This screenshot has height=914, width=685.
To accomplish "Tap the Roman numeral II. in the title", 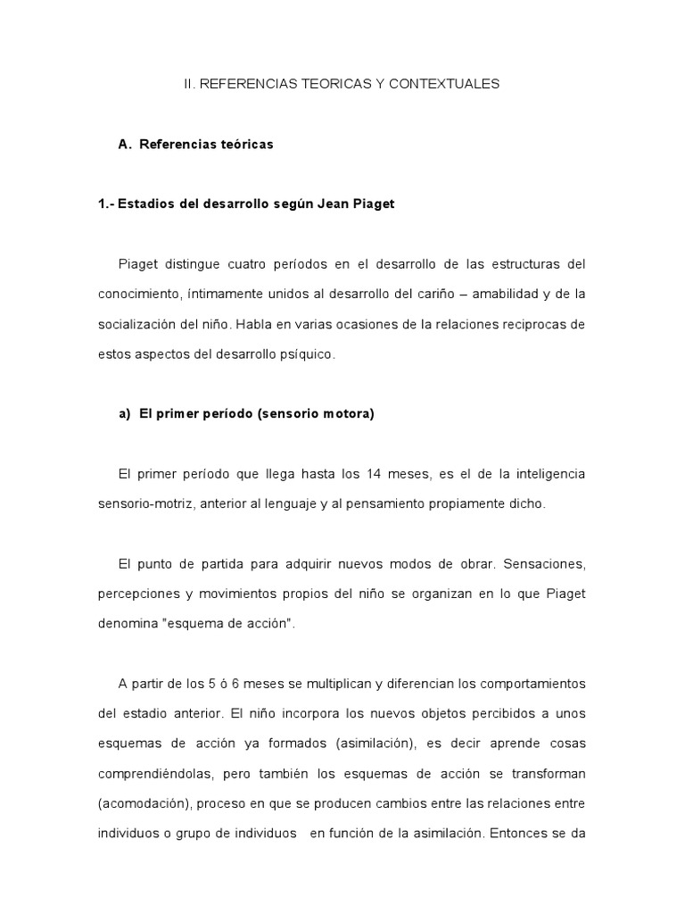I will tap(191, 84).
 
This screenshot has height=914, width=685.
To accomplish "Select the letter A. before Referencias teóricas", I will tap(125, 144).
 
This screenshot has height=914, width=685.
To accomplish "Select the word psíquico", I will tap(308, 354).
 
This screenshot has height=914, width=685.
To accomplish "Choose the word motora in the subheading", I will tap(350, 414).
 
